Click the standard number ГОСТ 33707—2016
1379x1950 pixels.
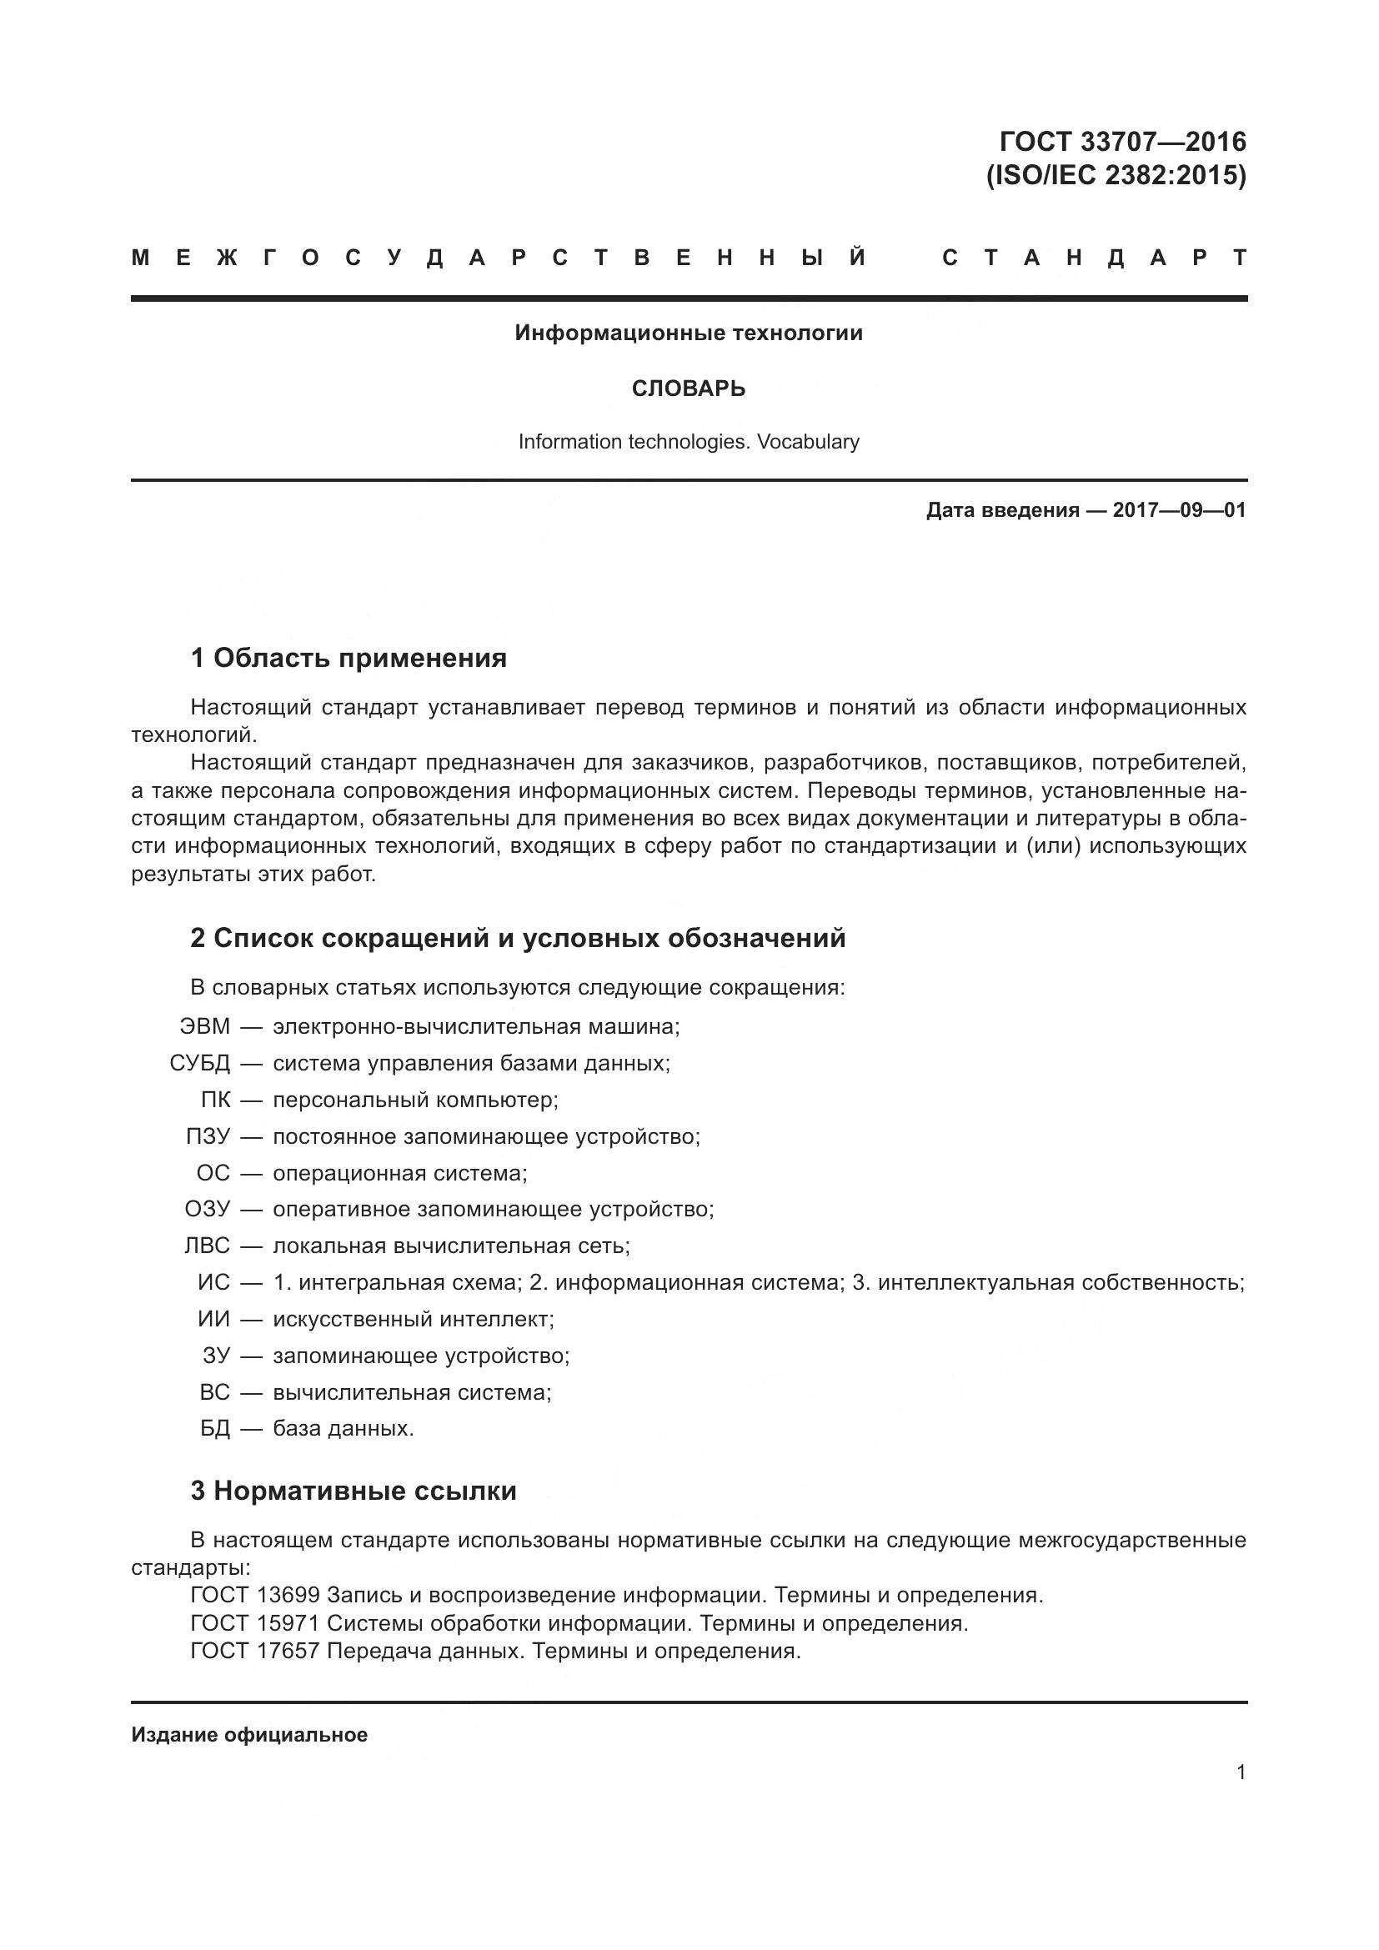click(x=1122, y=141)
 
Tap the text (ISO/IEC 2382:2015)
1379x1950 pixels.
click(x=1116, y=176)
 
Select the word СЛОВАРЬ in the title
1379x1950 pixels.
click(x=689, y=389)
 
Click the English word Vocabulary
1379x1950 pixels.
click(x=809, y=442)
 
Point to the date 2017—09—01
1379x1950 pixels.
click(x=1180, y=509)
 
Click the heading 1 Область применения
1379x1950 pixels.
click(x=349, y=659)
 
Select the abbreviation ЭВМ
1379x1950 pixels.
click(x=204, y=1027)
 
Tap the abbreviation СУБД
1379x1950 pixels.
click(x=199, y=1063)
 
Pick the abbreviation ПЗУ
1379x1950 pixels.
click(x=208, y=1136)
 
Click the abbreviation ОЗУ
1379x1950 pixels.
click(x=208, y=1210)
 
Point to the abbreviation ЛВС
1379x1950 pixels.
click(x=208, y=1246)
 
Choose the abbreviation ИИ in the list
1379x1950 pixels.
click(x=214, y=1319)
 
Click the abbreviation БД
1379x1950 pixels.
click(x=216, y=1429)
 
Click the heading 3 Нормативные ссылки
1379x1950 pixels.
click(x=354, y=1491)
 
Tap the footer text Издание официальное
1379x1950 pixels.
click(x=248, y=1735)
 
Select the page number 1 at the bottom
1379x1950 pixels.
click(x=1241, y=1772)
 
